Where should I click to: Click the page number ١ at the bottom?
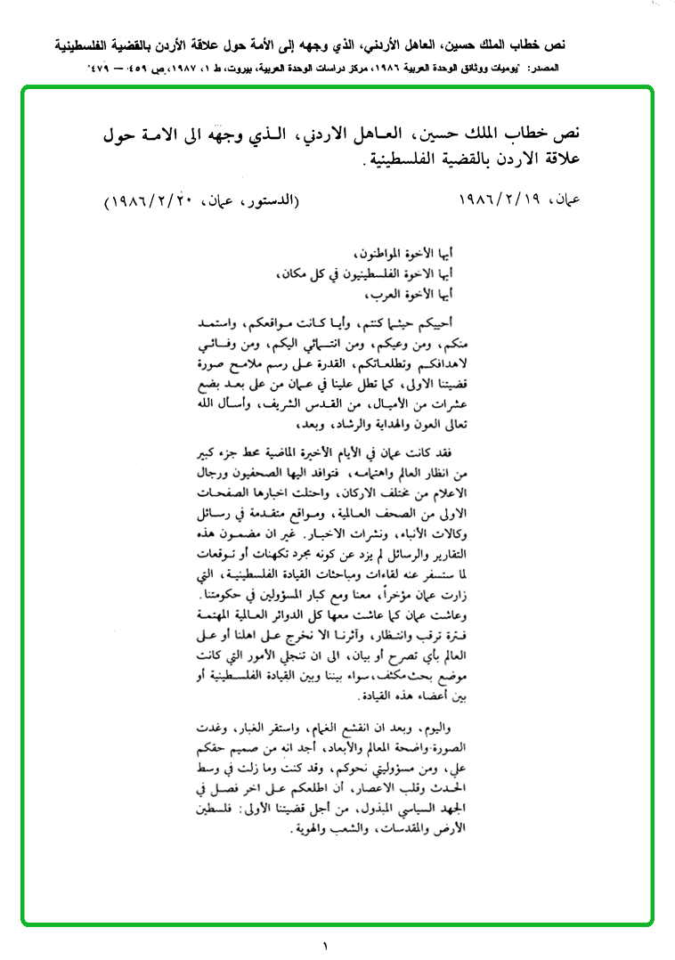click(x=325, y=945)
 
